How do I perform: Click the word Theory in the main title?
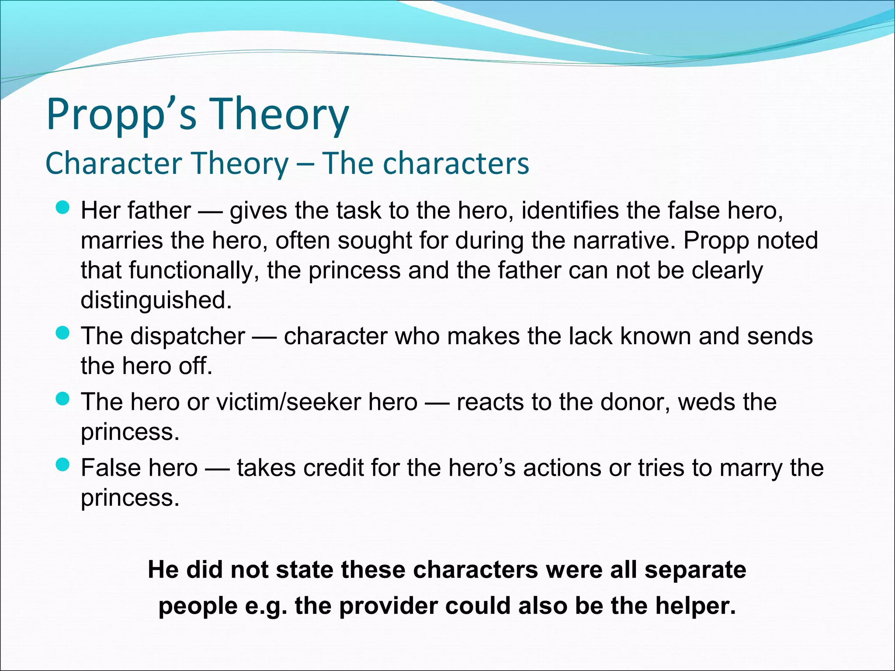tap(280, 114)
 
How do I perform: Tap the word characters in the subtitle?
tap(456, 163)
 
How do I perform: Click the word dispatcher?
tap(187, 336)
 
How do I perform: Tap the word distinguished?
tap(156, 300)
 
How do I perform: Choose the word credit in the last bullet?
tap(333, 468)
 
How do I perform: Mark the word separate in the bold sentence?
tap(695, 570)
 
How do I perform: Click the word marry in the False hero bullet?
tap(751, 468)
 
